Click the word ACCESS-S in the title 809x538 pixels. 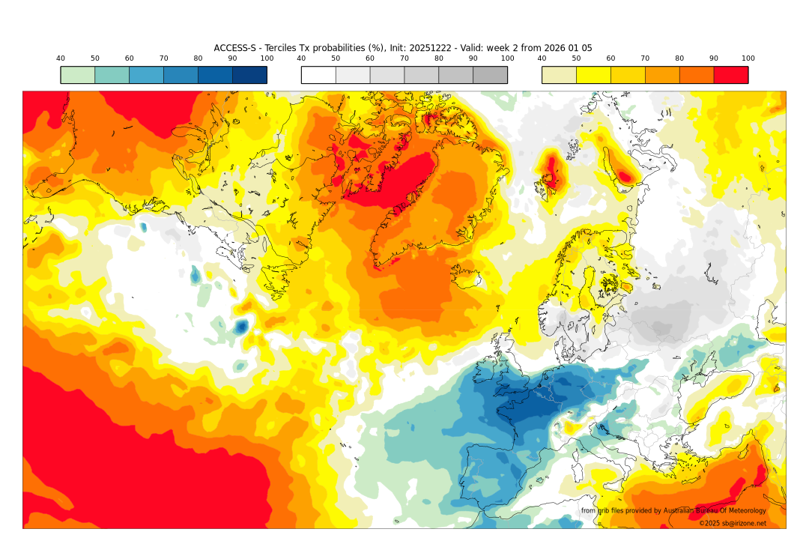(x=234, y=48)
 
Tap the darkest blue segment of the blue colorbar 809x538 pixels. (x=249, y=75)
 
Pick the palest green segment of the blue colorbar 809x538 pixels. (x=78, y=75)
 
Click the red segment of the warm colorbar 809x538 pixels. (x=730, y=75)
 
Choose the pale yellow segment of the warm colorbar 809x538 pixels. (x=559, y=75)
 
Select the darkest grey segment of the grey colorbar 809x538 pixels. (x=490, y=75)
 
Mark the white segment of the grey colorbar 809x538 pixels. (x=318, y=75)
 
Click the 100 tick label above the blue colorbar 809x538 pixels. (x=267, y=58)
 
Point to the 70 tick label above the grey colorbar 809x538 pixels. (x=404, y=58)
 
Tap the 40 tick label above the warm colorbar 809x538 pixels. (x=542, y=58)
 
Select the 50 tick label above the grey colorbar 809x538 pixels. (x=336, y=58)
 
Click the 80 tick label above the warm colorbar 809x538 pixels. (x=679, y=58)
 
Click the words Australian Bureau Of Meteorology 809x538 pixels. (x=715, y=511)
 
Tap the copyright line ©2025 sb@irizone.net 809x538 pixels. (x=732, y=523)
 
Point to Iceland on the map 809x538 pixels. (x=465, y=277)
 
